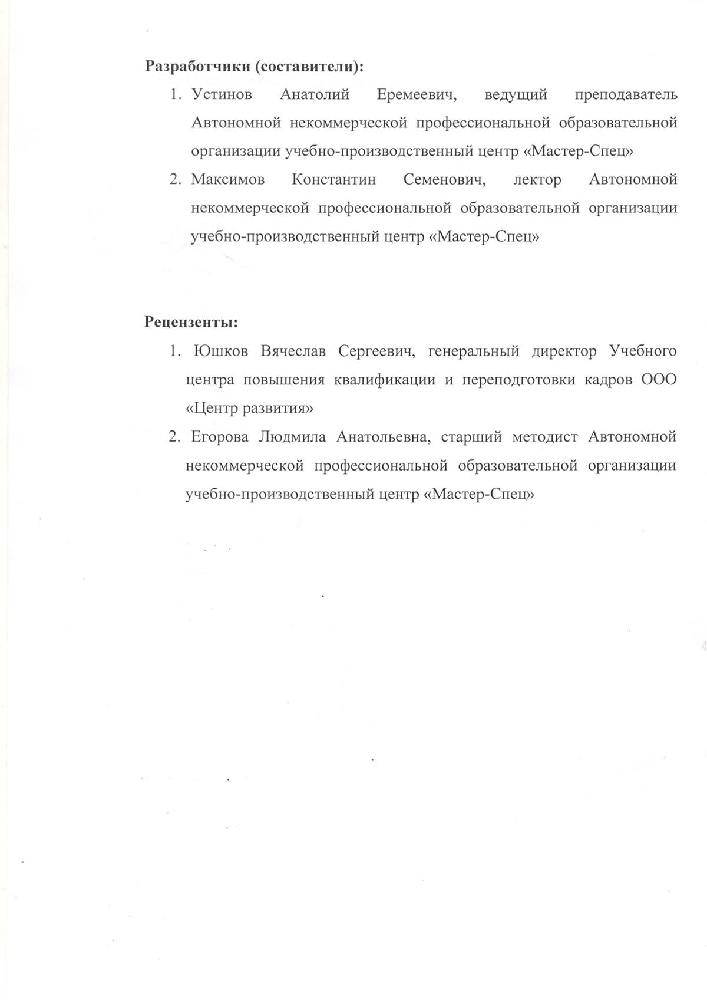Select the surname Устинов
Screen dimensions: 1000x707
point(222,95)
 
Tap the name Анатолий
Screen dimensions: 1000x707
point(315,95)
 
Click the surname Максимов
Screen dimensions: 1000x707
point(227,180)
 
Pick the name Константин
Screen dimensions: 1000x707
point(333,180)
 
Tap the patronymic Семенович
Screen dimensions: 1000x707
point(444,180)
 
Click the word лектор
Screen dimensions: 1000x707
point(537,180)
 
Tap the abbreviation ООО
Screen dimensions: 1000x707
point(659,380)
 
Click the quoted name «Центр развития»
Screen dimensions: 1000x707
point(249,408)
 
